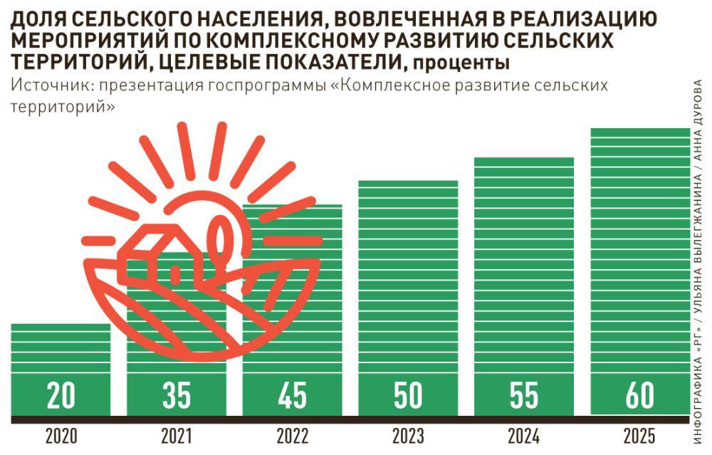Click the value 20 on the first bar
61,395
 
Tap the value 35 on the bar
177,395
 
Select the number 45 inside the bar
293,395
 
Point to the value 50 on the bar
408,395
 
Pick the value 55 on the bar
524,395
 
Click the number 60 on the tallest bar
639,395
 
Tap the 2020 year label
61,435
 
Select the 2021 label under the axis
177,435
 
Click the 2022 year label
293,435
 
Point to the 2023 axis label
408,435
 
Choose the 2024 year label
524,435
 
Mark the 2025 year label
639,435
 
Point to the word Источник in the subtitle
49,86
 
